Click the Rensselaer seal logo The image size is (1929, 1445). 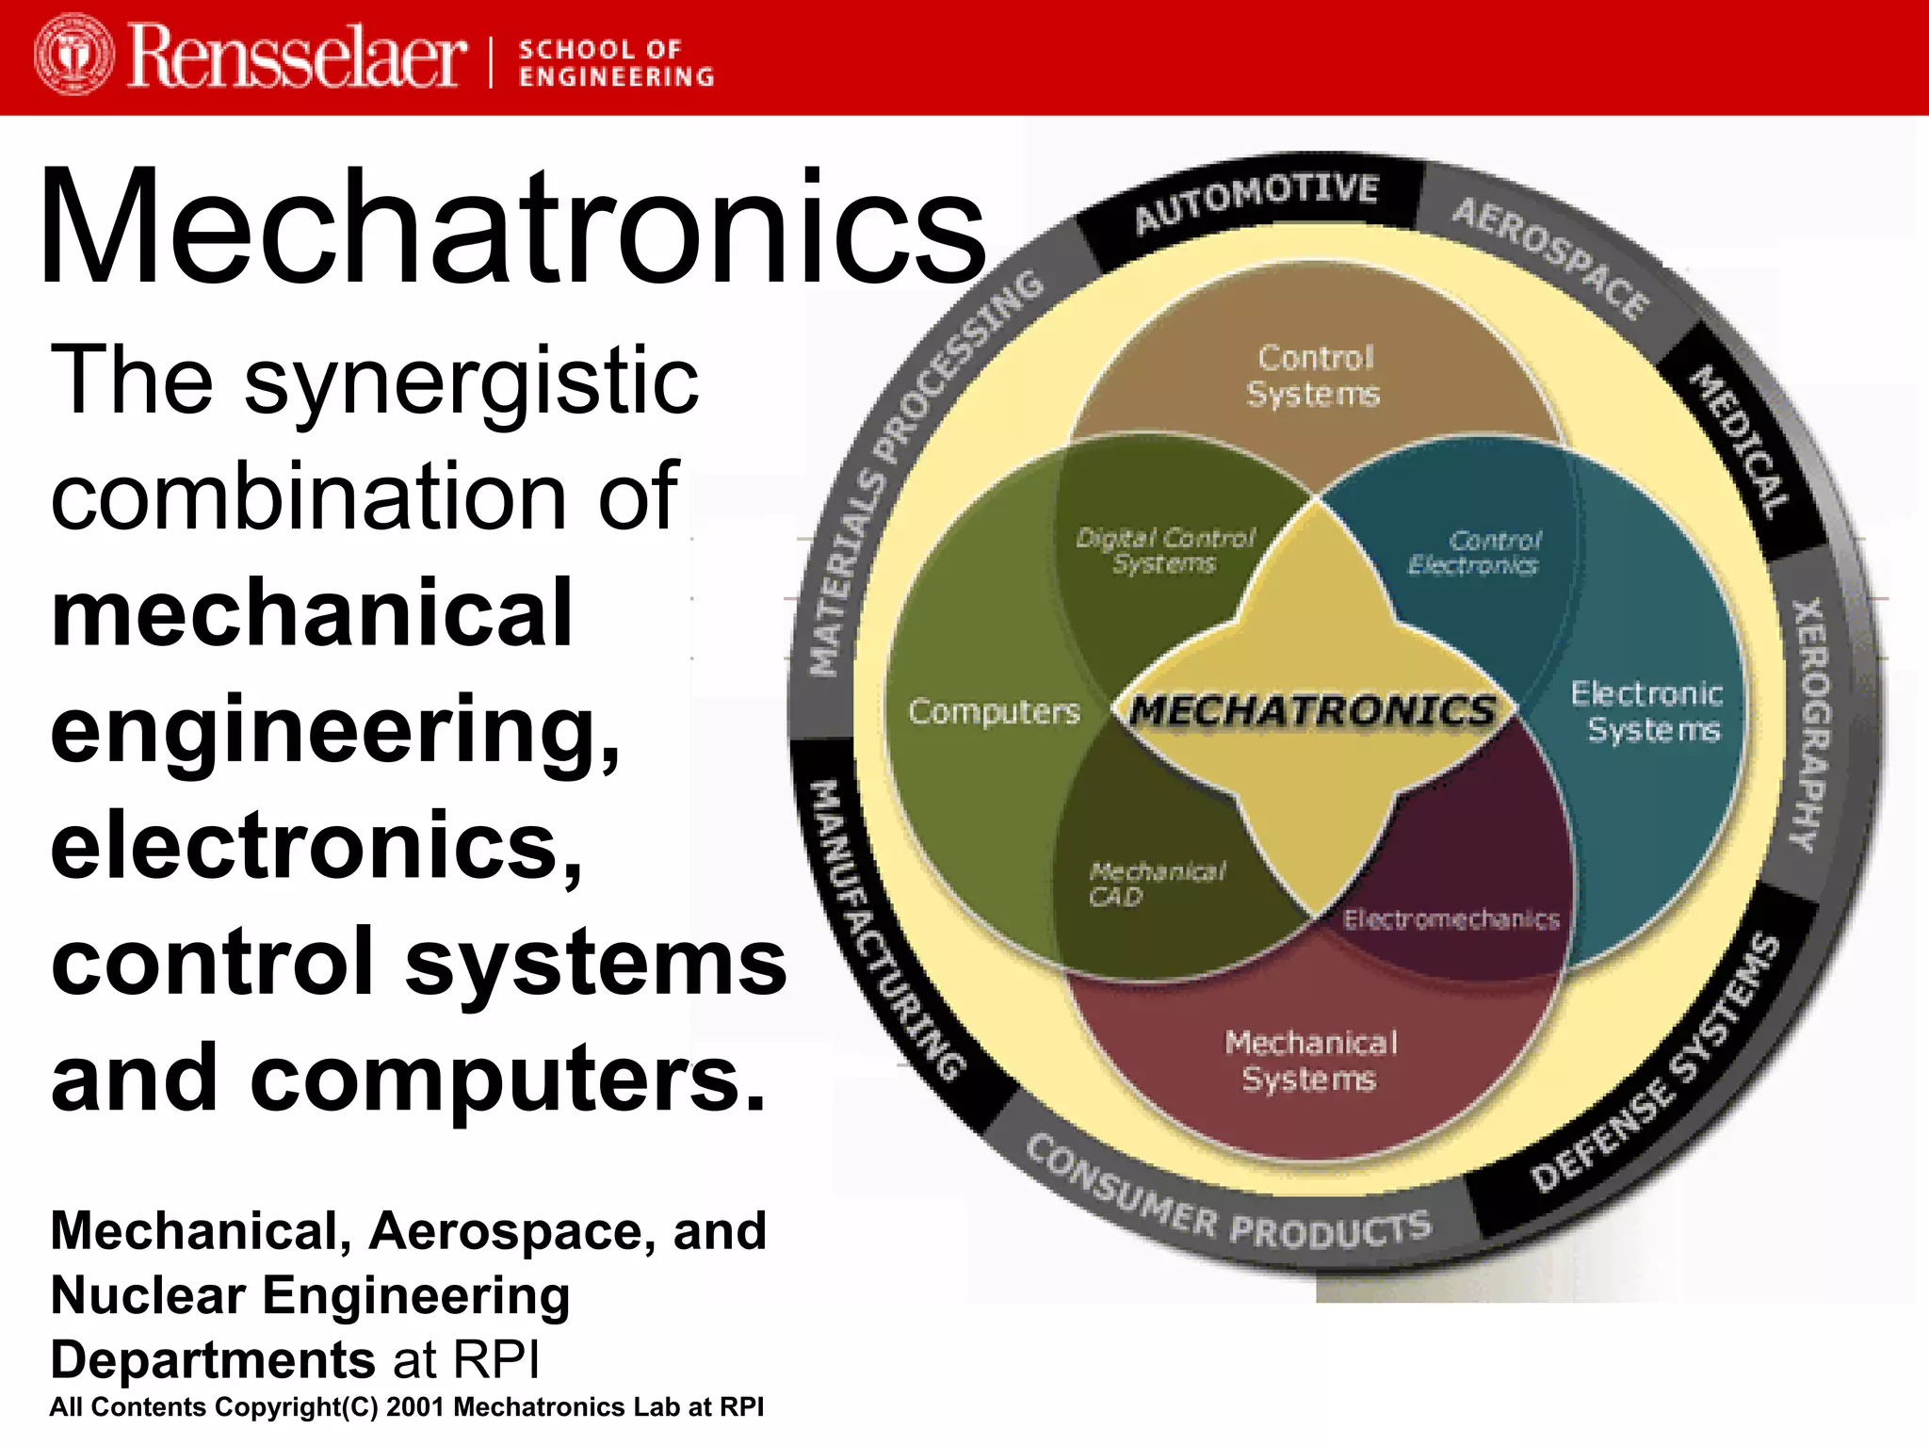click(73, 55)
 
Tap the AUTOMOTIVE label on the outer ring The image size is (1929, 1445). click(1256, 201)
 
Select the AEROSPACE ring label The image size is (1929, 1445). click(1550, 256)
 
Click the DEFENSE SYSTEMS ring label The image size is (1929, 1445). click(1656, 1064)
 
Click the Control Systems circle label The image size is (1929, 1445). click(1314, 375)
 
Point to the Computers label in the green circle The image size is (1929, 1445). click(994, 711)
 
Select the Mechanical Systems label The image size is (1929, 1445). click(1310, 1061)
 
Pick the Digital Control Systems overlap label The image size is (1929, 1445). click(1165, 550)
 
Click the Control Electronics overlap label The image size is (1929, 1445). click(1475, 552)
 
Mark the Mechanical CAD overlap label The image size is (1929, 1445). click(1154, 884)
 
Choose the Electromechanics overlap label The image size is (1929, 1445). click(1451, 919)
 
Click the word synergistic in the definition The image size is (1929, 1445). click(472, 381)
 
